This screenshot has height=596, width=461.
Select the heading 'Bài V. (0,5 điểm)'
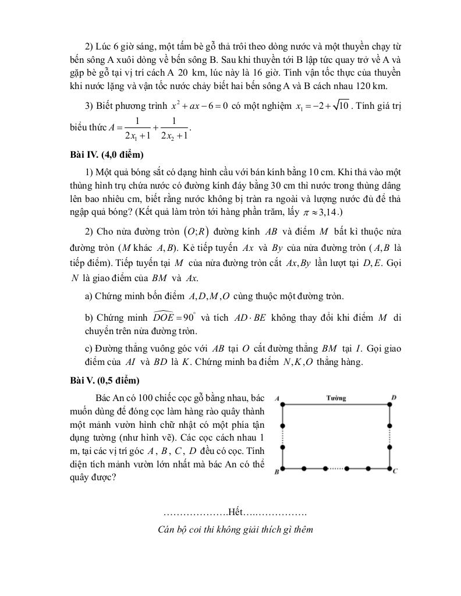pyautogui.click(x=104, y=381)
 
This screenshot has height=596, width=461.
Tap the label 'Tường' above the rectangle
pyautogui.click(x=336, y=398)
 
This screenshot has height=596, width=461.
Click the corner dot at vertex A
pyautogui.click(x=282, y=403)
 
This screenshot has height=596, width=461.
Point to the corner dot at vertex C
pyautogui.click(x=389, y=468)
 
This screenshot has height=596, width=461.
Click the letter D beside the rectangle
pyautogui.click(x=394, y=398)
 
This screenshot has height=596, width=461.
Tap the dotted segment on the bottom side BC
pyautogui.click(x=336, y=468)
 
